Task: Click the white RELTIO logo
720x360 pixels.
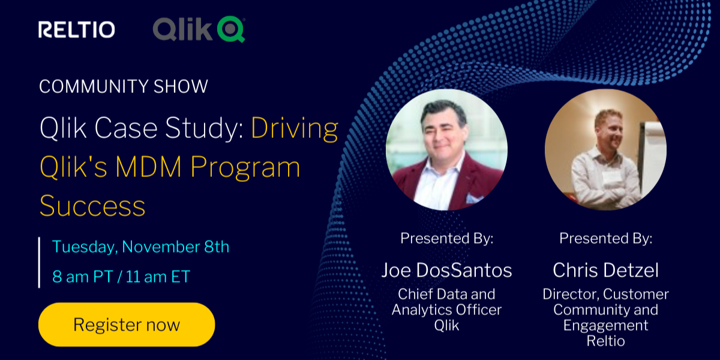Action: [77, 29]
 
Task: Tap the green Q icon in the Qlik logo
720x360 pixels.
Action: [231, 29]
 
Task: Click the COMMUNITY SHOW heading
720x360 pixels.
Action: [124, 86]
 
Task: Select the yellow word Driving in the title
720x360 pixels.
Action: [295, 128]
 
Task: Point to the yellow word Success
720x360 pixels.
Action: [92, 206]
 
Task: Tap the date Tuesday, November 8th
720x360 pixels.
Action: [141, 247]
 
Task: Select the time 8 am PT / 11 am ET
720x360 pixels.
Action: [121, 277]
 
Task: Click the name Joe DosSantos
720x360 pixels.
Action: [446, 270]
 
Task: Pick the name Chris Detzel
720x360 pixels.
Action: [605, 270]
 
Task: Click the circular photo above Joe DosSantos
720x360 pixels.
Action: [446, 150]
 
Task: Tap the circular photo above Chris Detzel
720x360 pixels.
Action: [605, 150]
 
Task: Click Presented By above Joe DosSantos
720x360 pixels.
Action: [446, 238]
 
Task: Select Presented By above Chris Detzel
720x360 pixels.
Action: [605, 238]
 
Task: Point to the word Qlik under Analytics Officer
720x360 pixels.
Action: [446, 325]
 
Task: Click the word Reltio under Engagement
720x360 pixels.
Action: [605, 341]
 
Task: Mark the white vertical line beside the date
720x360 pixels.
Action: [39, 262]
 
